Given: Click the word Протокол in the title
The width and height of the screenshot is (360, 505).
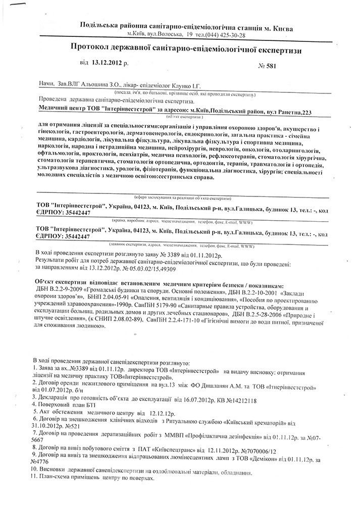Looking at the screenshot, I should tap(91, 47).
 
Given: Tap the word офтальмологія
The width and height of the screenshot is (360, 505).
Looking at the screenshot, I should tap(61, 158).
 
